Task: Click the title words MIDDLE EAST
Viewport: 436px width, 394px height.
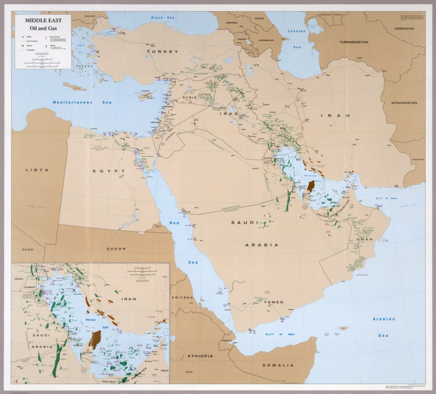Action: (43, 20)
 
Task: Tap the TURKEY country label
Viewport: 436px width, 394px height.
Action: (162, 51)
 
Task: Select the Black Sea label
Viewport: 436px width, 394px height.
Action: (163, 18)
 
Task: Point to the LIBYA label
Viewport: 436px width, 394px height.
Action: (37, 170)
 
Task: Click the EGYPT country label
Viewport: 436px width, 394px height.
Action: (109, 171)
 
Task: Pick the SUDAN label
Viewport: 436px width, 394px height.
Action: (116, 249)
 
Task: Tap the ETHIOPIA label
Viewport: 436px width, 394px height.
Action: (200, 356)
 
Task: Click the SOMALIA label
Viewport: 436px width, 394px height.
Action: (278, 365)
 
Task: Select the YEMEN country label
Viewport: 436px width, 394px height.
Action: (274, 302)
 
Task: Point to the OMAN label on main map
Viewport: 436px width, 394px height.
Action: (364, 239)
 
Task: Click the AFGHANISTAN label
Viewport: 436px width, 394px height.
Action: (404, 103)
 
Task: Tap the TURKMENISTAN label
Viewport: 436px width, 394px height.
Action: (354, 42)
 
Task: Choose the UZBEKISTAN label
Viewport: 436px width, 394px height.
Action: (404, 28)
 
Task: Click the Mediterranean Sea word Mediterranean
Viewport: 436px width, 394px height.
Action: (72, 102)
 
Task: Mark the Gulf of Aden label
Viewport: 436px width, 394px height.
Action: (280, 334)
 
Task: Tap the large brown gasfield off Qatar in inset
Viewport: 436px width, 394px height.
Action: (95, 339)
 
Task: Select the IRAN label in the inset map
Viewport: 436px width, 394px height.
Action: (129, 299)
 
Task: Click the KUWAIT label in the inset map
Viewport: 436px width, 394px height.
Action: (30, 287)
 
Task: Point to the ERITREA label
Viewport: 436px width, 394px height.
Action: (182, 297)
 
